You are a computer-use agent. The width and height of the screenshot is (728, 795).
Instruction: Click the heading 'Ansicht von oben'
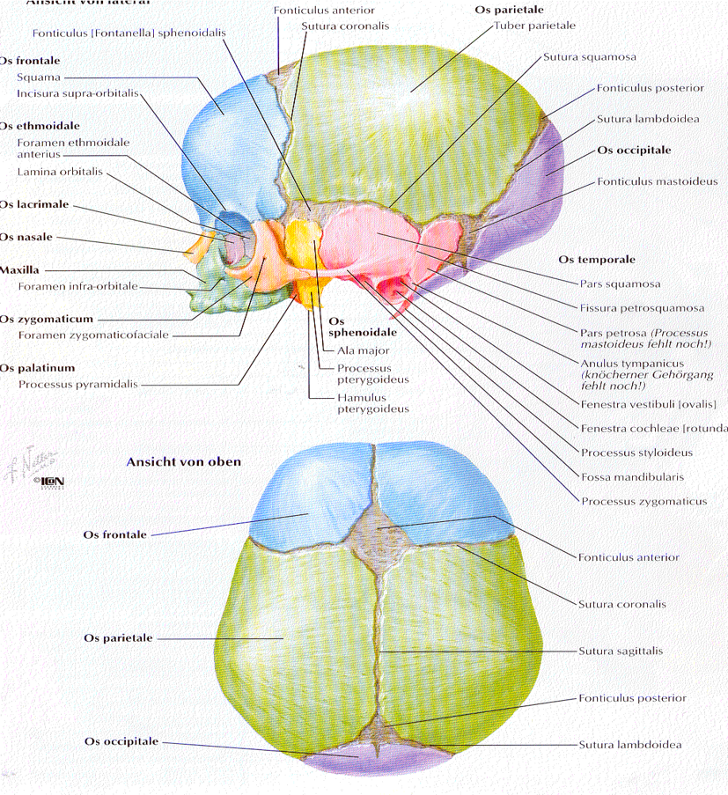(x=183, y=461)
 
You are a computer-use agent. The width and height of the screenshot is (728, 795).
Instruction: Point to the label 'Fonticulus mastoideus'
(x=657, y=182)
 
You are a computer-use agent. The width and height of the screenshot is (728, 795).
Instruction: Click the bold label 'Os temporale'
(x=596, y=260)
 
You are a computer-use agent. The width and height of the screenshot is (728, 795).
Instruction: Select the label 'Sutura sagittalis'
(x=620, y=651)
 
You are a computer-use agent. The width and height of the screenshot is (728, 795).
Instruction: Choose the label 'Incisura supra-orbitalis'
(x=77, y=93)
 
